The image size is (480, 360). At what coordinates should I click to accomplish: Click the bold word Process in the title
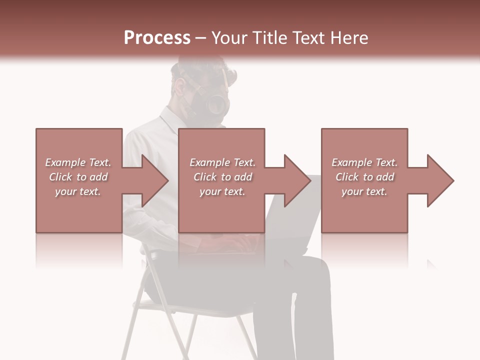[157, 37]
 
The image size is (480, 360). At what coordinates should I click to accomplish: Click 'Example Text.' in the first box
[78, 162]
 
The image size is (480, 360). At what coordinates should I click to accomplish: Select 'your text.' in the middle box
[222, 191]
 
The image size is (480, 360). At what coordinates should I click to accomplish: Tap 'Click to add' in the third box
[364, 177]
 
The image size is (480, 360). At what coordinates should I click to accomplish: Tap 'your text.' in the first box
[78, 191]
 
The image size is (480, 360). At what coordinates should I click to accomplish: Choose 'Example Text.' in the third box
[364, 162]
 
